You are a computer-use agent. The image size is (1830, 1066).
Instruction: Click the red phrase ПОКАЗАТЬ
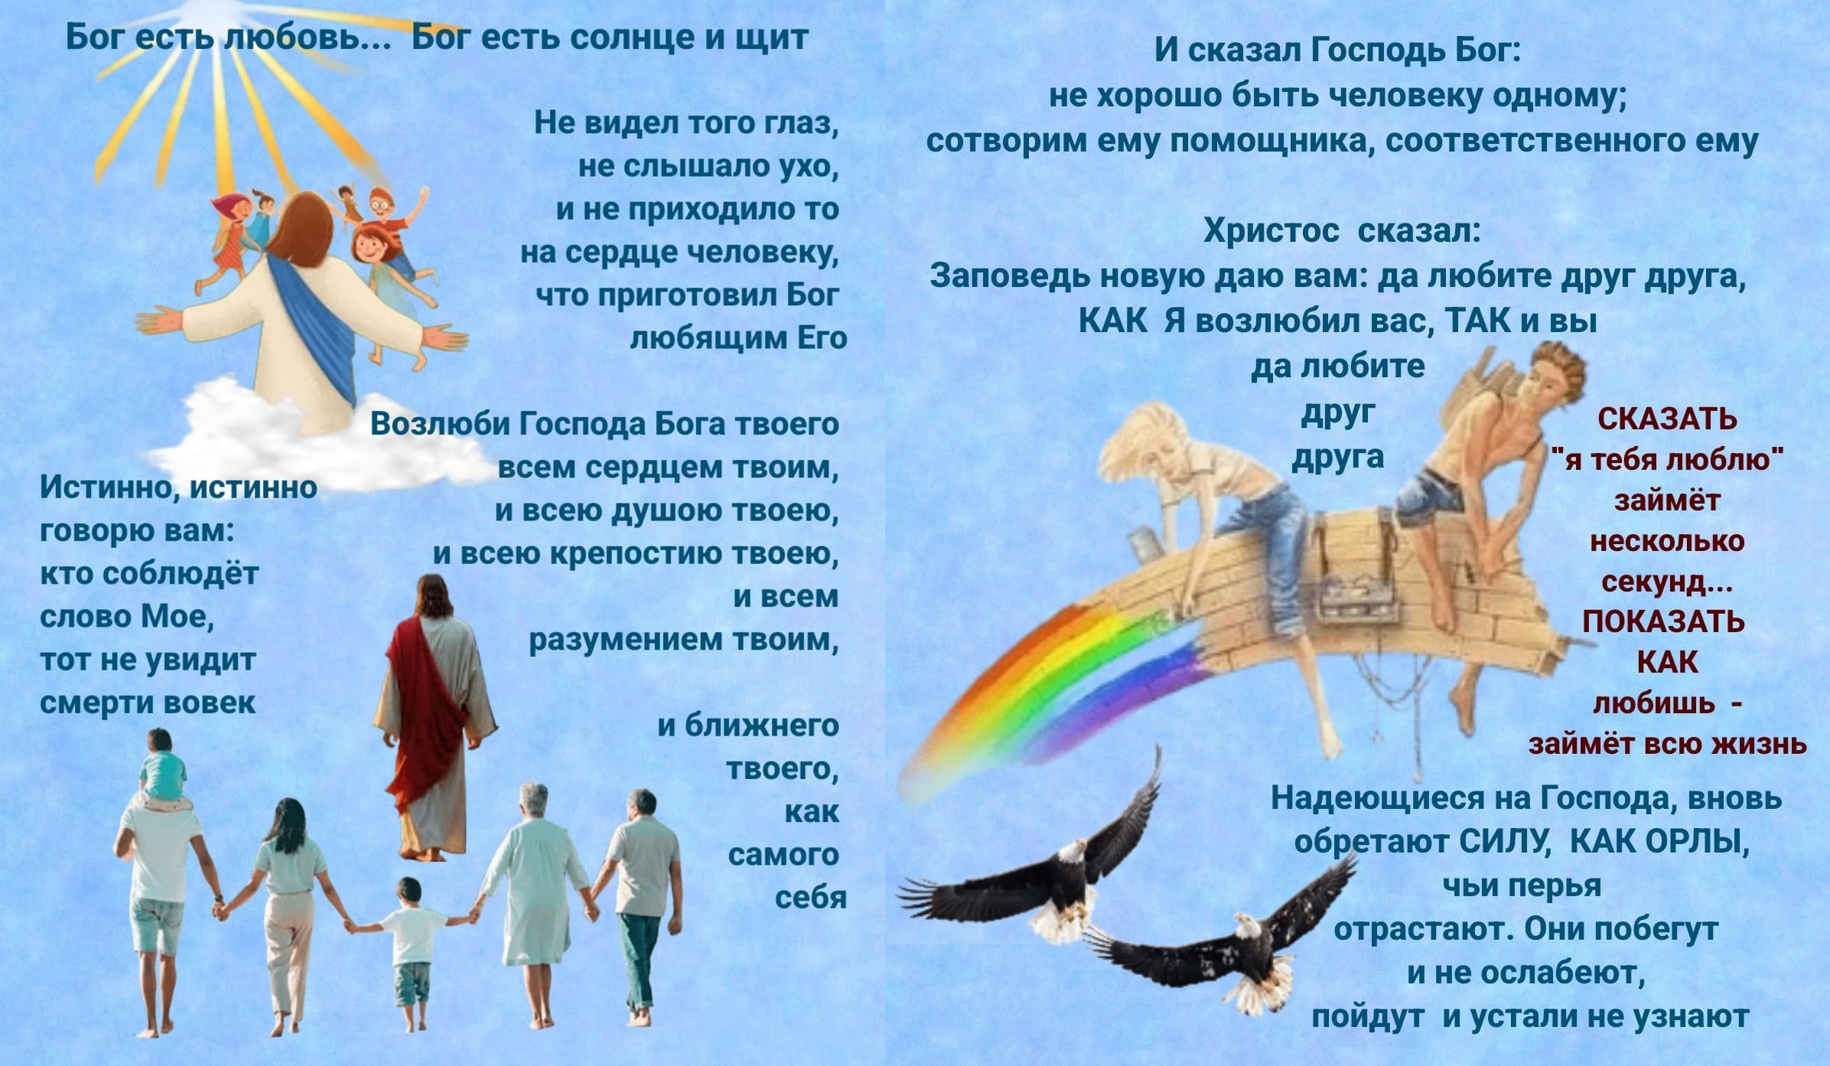1663,621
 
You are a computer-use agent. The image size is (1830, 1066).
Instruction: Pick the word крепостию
638,555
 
